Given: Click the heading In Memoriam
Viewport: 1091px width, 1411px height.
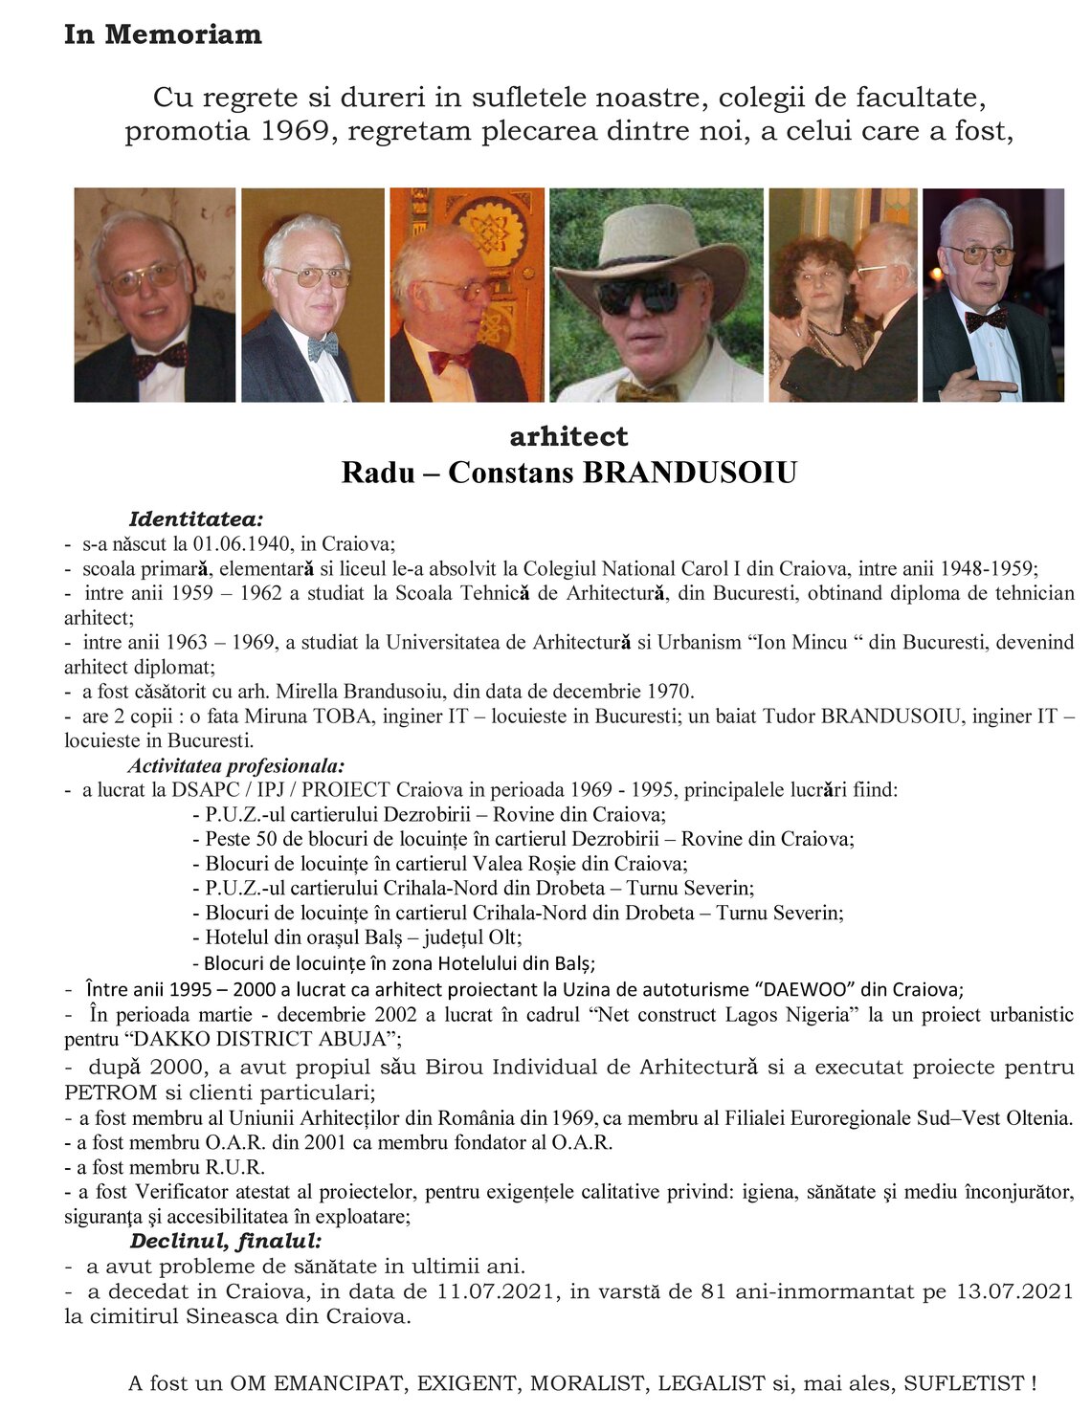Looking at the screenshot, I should [x=163, y=34].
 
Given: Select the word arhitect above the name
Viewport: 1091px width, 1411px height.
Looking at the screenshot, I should [x=568, y=436].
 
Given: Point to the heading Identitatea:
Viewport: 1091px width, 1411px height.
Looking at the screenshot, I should [x=195, y=519].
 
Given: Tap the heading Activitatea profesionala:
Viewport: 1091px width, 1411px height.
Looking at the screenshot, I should [x=236, y=765].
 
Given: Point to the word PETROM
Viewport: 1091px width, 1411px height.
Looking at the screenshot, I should [x=104, y=1091].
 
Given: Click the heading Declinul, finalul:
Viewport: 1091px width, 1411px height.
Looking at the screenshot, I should [x=226, y=1242].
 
